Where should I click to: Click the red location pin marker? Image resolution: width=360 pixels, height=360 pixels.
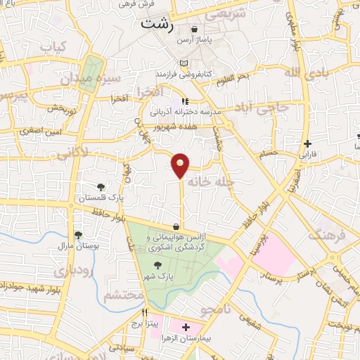[x=181, y=165]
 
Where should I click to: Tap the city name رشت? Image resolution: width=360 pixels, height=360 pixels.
[x=156, y=22]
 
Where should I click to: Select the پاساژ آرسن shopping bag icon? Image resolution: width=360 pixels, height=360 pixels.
[x=194, y=29]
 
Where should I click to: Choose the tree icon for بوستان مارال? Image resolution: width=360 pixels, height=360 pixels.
[x=78, y=235]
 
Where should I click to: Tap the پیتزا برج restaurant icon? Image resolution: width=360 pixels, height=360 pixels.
[x=146, y=312]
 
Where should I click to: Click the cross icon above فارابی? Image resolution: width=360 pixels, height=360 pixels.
[x=307, y=143]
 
